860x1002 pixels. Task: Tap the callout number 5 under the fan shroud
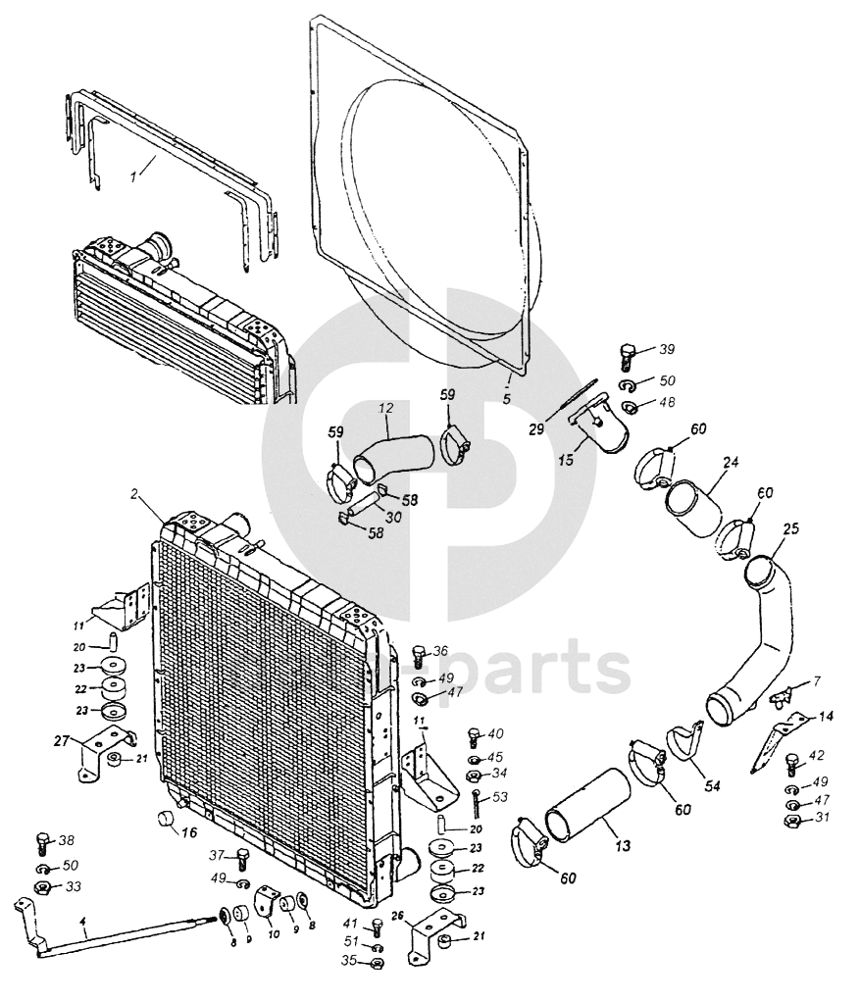(x=506, y=399)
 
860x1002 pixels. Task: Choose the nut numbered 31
(x=795, y=819)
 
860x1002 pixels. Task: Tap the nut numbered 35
(x=378, y=963)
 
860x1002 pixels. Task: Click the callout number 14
(x=827, y=716)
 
